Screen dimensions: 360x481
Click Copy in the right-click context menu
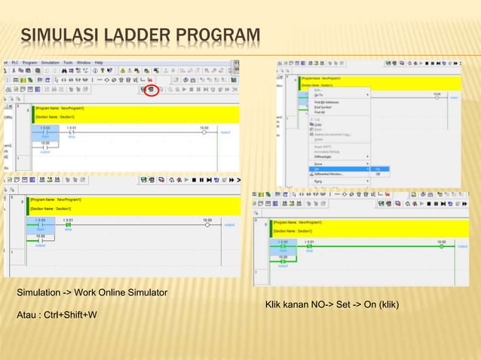[319, 124]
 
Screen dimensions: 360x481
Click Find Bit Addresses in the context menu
[329, 101]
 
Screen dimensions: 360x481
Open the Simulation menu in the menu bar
[51, 63]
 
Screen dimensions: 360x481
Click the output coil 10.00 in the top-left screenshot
[204, 131]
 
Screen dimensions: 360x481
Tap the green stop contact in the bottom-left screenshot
[68, 224]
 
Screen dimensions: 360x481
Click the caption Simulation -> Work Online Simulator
[92, 291]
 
